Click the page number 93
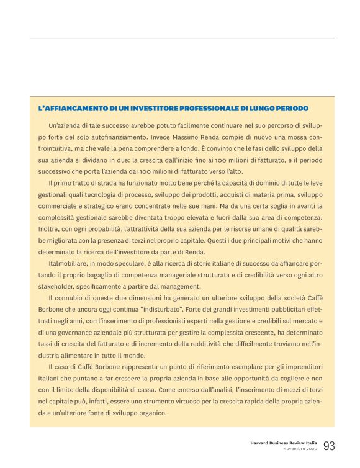click(x=328, y=446)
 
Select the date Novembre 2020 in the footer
click(x=301, y=449)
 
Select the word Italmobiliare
click(x=68, y=264)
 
